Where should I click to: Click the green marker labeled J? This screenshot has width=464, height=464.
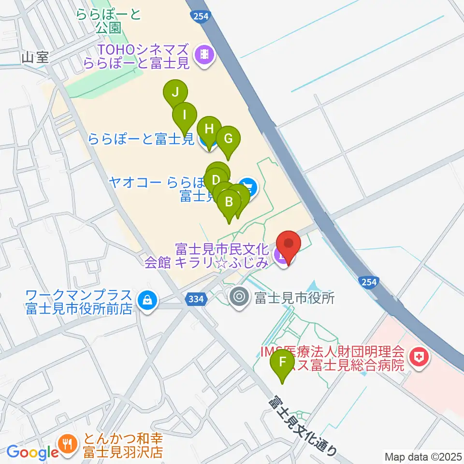click(175, 92)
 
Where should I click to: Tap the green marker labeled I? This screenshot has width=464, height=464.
click(185, 116)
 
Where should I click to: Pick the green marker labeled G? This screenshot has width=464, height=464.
click(228, 139)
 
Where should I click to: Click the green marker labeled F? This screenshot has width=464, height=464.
click(284, 362)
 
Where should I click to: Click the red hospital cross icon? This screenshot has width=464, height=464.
click(417, 358)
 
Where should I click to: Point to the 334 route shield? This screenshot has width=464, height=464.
click(196, 300)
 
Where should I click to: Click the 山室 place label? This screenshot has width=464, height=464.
click(35, 58)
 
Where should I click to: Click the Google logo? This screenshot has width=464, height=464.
click(32, 452)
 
